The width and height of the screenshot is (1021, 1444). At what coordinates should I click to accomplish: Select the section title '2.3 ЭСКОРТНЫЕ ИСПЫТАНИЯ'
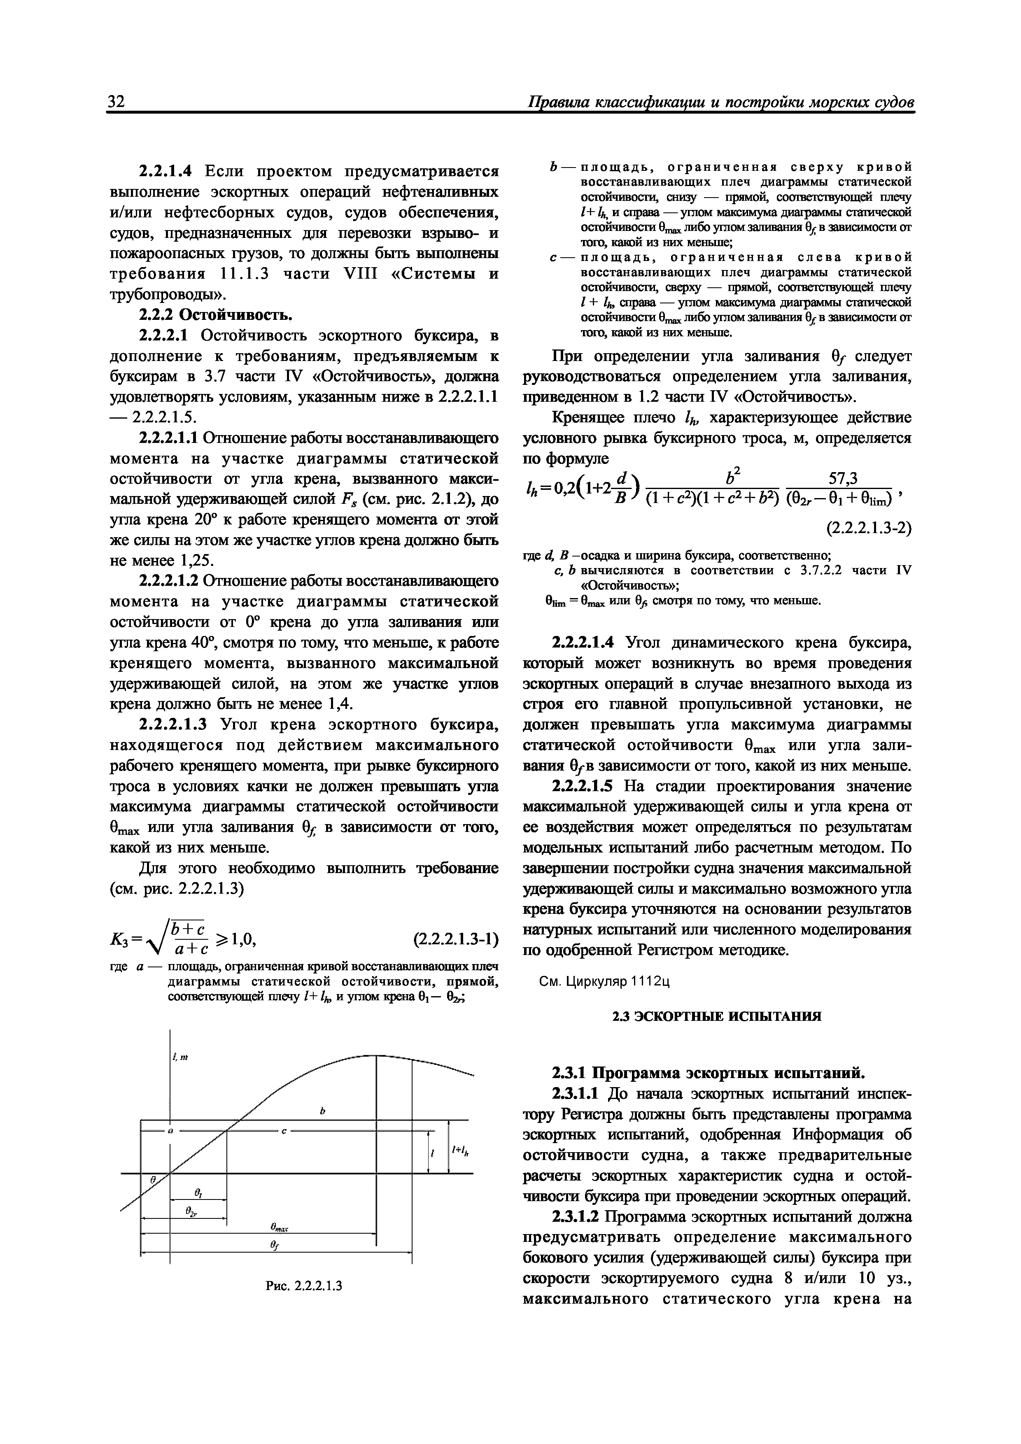[x=717, y=1016]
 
